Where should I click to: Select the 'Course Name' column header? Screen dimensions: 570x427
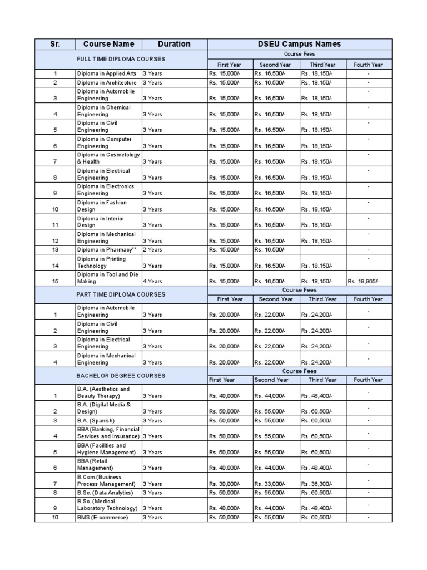[108, 44]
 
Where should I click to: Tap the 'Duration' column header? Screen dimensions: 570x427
[174, 44]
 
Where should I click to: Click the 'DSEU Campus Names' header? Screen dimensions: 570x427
[299, 44]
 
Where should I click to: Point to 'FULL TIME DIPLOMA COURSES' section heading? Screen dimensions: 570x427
[121, 59]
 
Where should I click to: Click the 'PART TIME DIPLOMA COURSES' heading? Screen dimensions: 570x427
[121, 294]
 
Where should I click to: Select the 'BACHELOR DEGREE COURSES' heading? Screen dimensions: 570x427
[121, 376]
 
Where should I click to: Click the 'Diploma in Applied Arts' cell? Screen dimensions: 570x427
[106, 73]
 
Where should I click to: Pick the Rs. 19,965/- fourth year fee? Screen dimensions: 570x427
[365, 282]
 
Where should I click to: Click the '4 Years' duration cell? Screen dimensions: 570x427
[152, 282]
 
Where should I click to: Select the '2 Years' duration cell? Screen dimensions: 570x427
[152, 250]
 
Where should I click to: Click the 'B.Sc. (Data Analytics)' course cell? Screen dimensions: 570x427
[105, 493]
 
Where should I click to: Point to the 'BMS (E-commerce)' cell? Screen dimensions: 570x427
[102, 518]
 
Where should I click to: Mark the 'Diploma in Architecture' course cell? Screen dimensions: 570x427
[106, 82]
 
